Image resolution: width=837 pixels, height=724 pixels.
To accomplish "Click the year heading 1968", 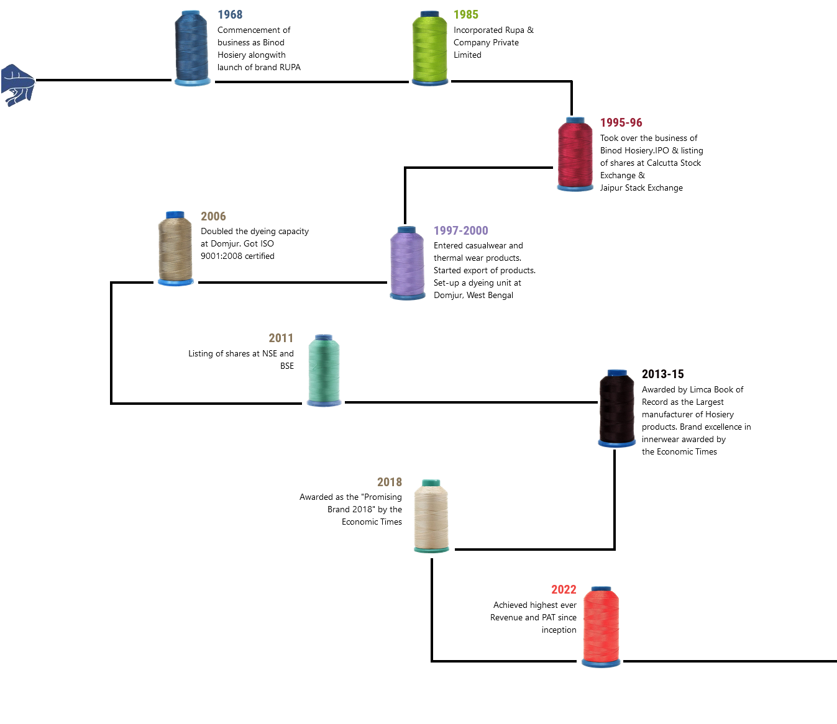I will (230, 15).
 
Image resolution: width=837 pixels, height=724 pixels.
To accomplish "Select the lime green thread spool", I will (430, 48).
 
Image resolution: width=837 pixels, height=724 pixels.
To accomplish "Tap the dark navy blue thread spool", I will (192, 48).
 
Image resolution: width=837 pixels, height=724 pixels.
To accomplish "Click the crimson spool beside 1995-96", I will (575, 154).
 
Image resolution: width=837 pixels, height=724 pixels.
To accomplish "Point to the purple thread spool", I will (407, 263).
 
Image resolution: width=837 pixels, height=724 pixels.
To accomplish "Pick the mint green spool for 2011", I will (324, 371).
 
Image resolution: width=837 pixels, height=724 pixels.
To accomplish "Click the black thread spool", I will (616, 408).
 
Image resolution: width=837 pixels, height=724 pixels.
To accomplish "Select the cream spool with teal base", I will (431, 516).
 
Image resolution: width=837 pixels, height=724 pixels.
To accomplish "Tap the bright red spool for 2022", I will (601, 626).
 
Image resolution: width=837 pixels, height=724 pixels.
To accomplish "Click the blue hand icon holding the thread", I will (17, 84).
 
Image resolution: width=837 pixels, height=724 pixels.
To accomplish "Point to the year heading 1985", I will (466, 15).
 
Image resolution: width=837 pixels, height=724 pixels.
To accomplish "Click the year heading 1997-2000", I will (460, 231).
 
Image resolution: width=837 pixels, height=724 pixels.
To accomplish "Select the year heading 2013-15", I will (662, 374).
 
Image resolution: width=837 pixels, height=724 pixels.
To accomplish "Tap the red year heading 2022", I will (564, 590).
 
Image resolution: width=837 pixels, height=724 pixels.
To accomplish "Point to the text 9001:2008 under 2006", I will (220, 256).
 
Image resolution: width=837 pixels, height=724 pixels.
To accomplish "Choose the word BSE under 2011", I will (287, 366).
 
